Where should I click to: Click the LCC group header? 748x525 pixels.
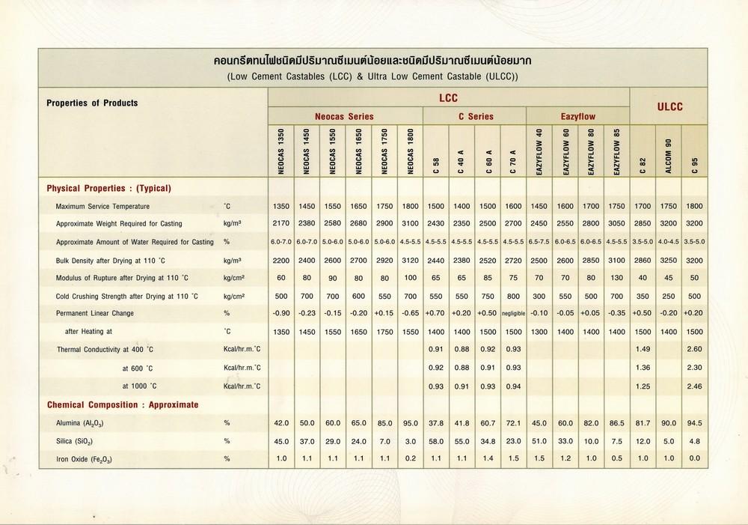tap(448, 97)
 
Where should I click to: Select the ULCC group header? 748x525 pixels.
tap(670, 107)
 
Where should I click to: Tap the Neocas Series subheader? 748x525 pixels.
tap(346, 117)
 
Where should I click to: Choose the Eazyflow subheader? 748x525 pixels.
tap(578, 117)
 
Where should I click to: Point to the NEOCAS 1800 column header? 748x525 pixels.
tap(410, 151)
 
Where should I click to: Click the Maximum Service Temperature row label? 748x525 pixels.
tap(102, 206)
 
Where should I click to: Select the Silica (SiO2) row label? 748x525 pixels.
tap(75, 441)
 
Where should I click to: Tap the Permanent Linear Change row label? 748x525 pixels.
tap(95, 313)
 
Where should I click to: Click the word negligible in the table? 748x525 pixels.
tap(513, 313)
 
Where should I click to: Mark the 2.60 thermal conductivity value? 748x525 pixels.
tap(695, 349)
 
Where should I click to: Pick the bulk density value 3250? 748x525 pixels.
tap(669, 259)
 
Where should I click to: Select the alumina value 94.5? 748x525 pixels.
tap(695, 422)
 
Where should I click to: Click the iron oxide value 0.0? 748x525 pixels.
tap(695, 458)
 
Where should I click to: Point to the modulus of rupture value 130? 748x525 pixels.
tap(618, 277)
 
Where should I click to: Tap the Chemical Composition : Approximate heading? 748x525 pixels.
tap(123, 404)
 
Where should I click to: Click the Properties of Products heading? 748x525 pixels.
tap(92, 103)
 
